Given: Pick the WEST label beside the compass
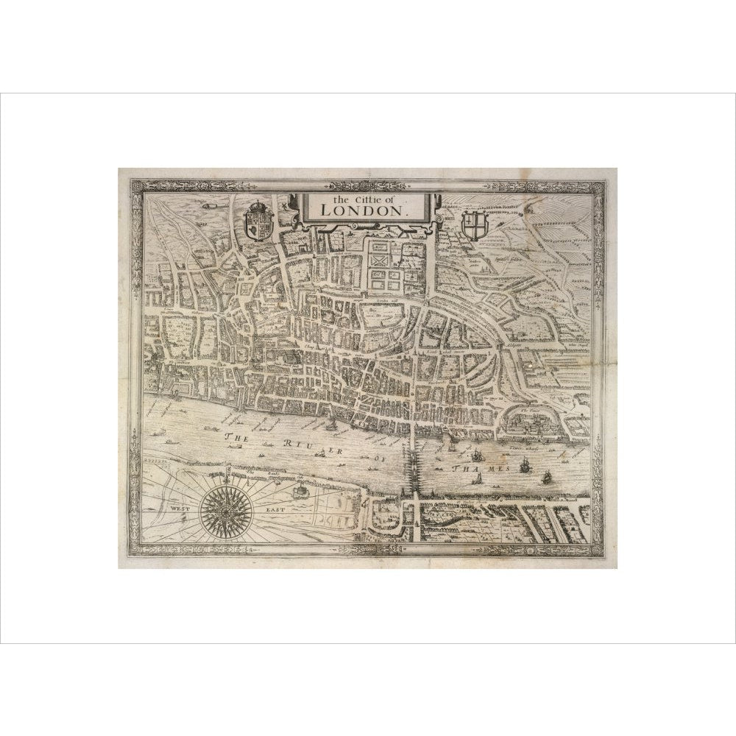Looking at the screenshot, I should point(179,508).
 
